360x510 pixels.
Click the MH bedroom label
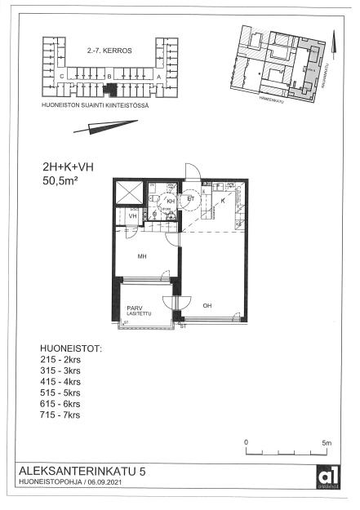pyautogui.click(x=141, y=257)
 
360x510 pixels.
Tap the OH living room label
pyautogui.click(x=207, y=306)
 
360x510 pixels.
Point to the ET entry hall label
pyautogui.click(x=192, y=198)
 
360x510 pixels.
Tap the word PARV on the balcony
pyautogui.click(x=134, y=308)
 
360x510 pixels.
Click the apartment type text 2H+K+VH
pyautogui.click(x=68, y=167)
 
